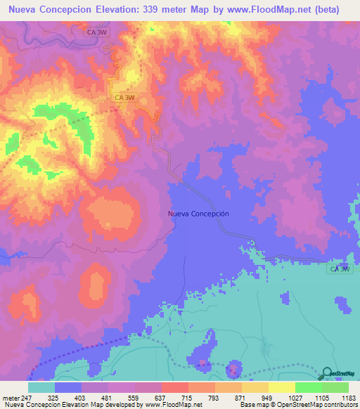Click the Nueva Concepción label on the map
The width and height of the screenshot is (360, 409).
point(199,213)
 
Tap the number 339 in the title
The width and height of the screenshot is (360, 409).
point(164,10)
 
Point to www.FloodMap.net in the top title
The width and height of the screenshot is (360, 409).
point(266,10)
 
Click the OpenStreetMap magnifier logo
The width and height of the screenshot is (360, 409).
point(326,373)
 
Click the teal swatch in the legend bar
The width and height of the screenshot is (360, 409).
point(41,387)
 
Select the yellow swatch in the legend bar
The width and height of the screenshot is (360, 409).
point(282,387)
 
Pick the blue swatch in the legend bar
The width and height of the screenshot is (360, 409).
point(68,387)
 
